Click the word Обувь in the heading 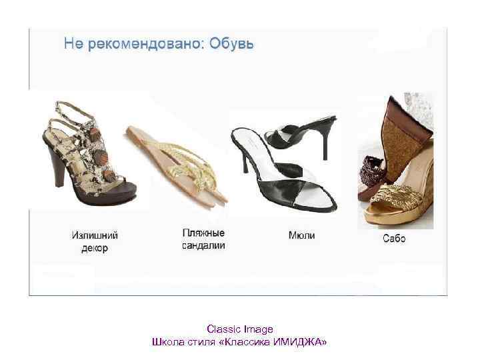pyautogui.click(x=231, y=45)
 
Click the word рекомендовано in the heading pyautogui.click(x=143, y=45)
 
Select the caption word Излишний pyautogui.click(x=95, y=235)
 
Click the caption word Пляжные pyautogui.click(x=203, y=233)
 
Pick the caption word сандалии pyautogui.click(x=203, y=245)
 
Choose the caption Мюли pyautogui.click(x=301, y=235)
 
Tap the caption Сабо pyautogui.click(x=394, y=238)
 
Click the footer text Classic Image pyautogui.click(x=240, y=329)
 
